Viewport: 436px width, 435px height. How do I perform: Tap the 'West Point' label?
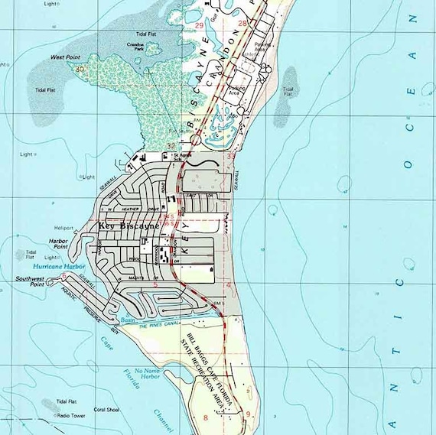point(67,57)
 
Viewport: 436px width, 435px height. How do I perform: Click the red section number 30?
point(80,69)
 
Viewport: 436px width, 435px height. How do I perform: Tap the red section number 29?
point(199,26)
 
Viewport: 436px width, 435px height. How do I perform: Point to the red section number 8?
point(205,417)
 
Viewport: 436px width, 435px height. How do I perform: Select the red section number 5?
point(155,284)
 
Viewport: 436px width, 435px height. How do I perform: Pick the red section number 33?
point(231,156)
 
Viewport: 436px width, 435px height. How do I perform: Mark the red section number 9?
point(247,414)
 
